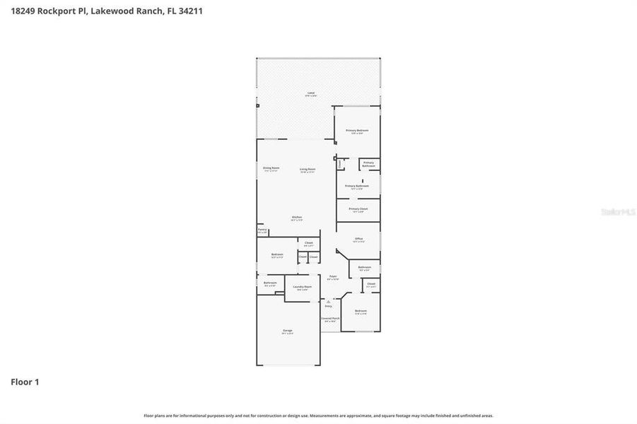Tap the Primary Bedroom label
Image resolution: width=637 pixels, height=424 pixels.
tap(357, 131)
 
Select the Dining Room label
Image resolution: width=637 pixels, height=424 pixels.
tap(271, 168)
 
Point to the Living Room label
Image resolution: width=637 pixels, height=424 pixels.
tap(308, 170)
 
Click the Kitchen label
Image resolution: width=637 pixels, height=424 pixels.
tap(297, 218)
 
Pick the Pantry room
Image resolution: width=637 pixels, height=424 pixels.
tap(262, 230)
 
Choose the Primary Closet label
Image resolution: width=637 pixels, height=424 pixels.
tap(358, 210)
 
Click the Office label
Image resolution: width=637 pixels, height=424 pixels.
tap(358, 240)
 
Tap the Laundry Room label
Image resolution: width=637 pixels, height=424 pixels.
tap(303, 287)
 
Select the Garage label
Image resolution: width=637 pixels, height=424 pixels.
tap(288, 331)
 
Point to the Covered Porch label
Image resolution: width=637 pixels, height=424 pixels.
tap(329, 319)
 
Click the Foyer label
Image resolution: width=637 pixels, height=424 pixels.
tap(332, 277)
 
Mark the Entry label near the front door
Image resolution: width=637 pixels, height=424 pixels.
tap(328, 306)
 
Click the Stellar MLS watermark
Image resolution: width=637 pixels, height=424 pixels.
tap(616, 211)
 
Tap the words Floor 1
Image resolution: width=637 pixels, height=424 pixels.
tap(25, 382)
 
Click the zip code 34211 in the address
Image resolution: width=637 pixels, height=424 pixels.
tap(191, 11)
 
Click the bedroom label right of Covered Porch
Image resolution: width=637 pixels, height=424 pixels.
tap(361, 312)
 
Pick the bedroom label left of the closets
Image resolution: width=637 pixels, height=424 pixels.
tap(277, 255)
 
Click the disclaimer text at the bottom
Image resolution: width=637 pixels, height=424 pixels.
tap(318, 416)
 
